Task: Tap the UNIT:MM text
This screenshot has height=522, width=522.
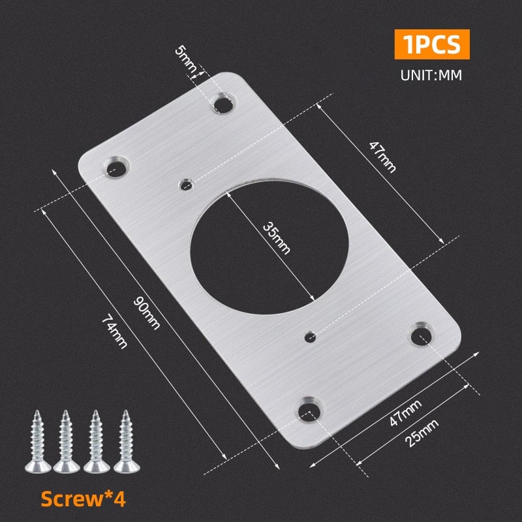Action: pyautogui.click(x=431, y=74)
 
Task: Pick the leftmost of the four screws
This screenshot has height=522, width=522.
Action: pyautogui.click(x=37, y=441)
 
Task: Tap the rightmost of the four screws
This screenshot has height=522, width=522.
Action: pyautogui.click(x=125, y=441)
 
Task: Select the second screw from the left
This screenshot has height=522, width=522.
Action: pyautogui.click(x=66, y=441)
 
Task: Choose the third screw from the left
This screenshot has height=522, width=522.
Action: pyautogui.click(x=96, y=441)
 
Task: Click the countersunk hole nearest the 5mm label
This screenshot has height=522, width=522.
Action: pyautogui.click(x=222, y=102)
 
